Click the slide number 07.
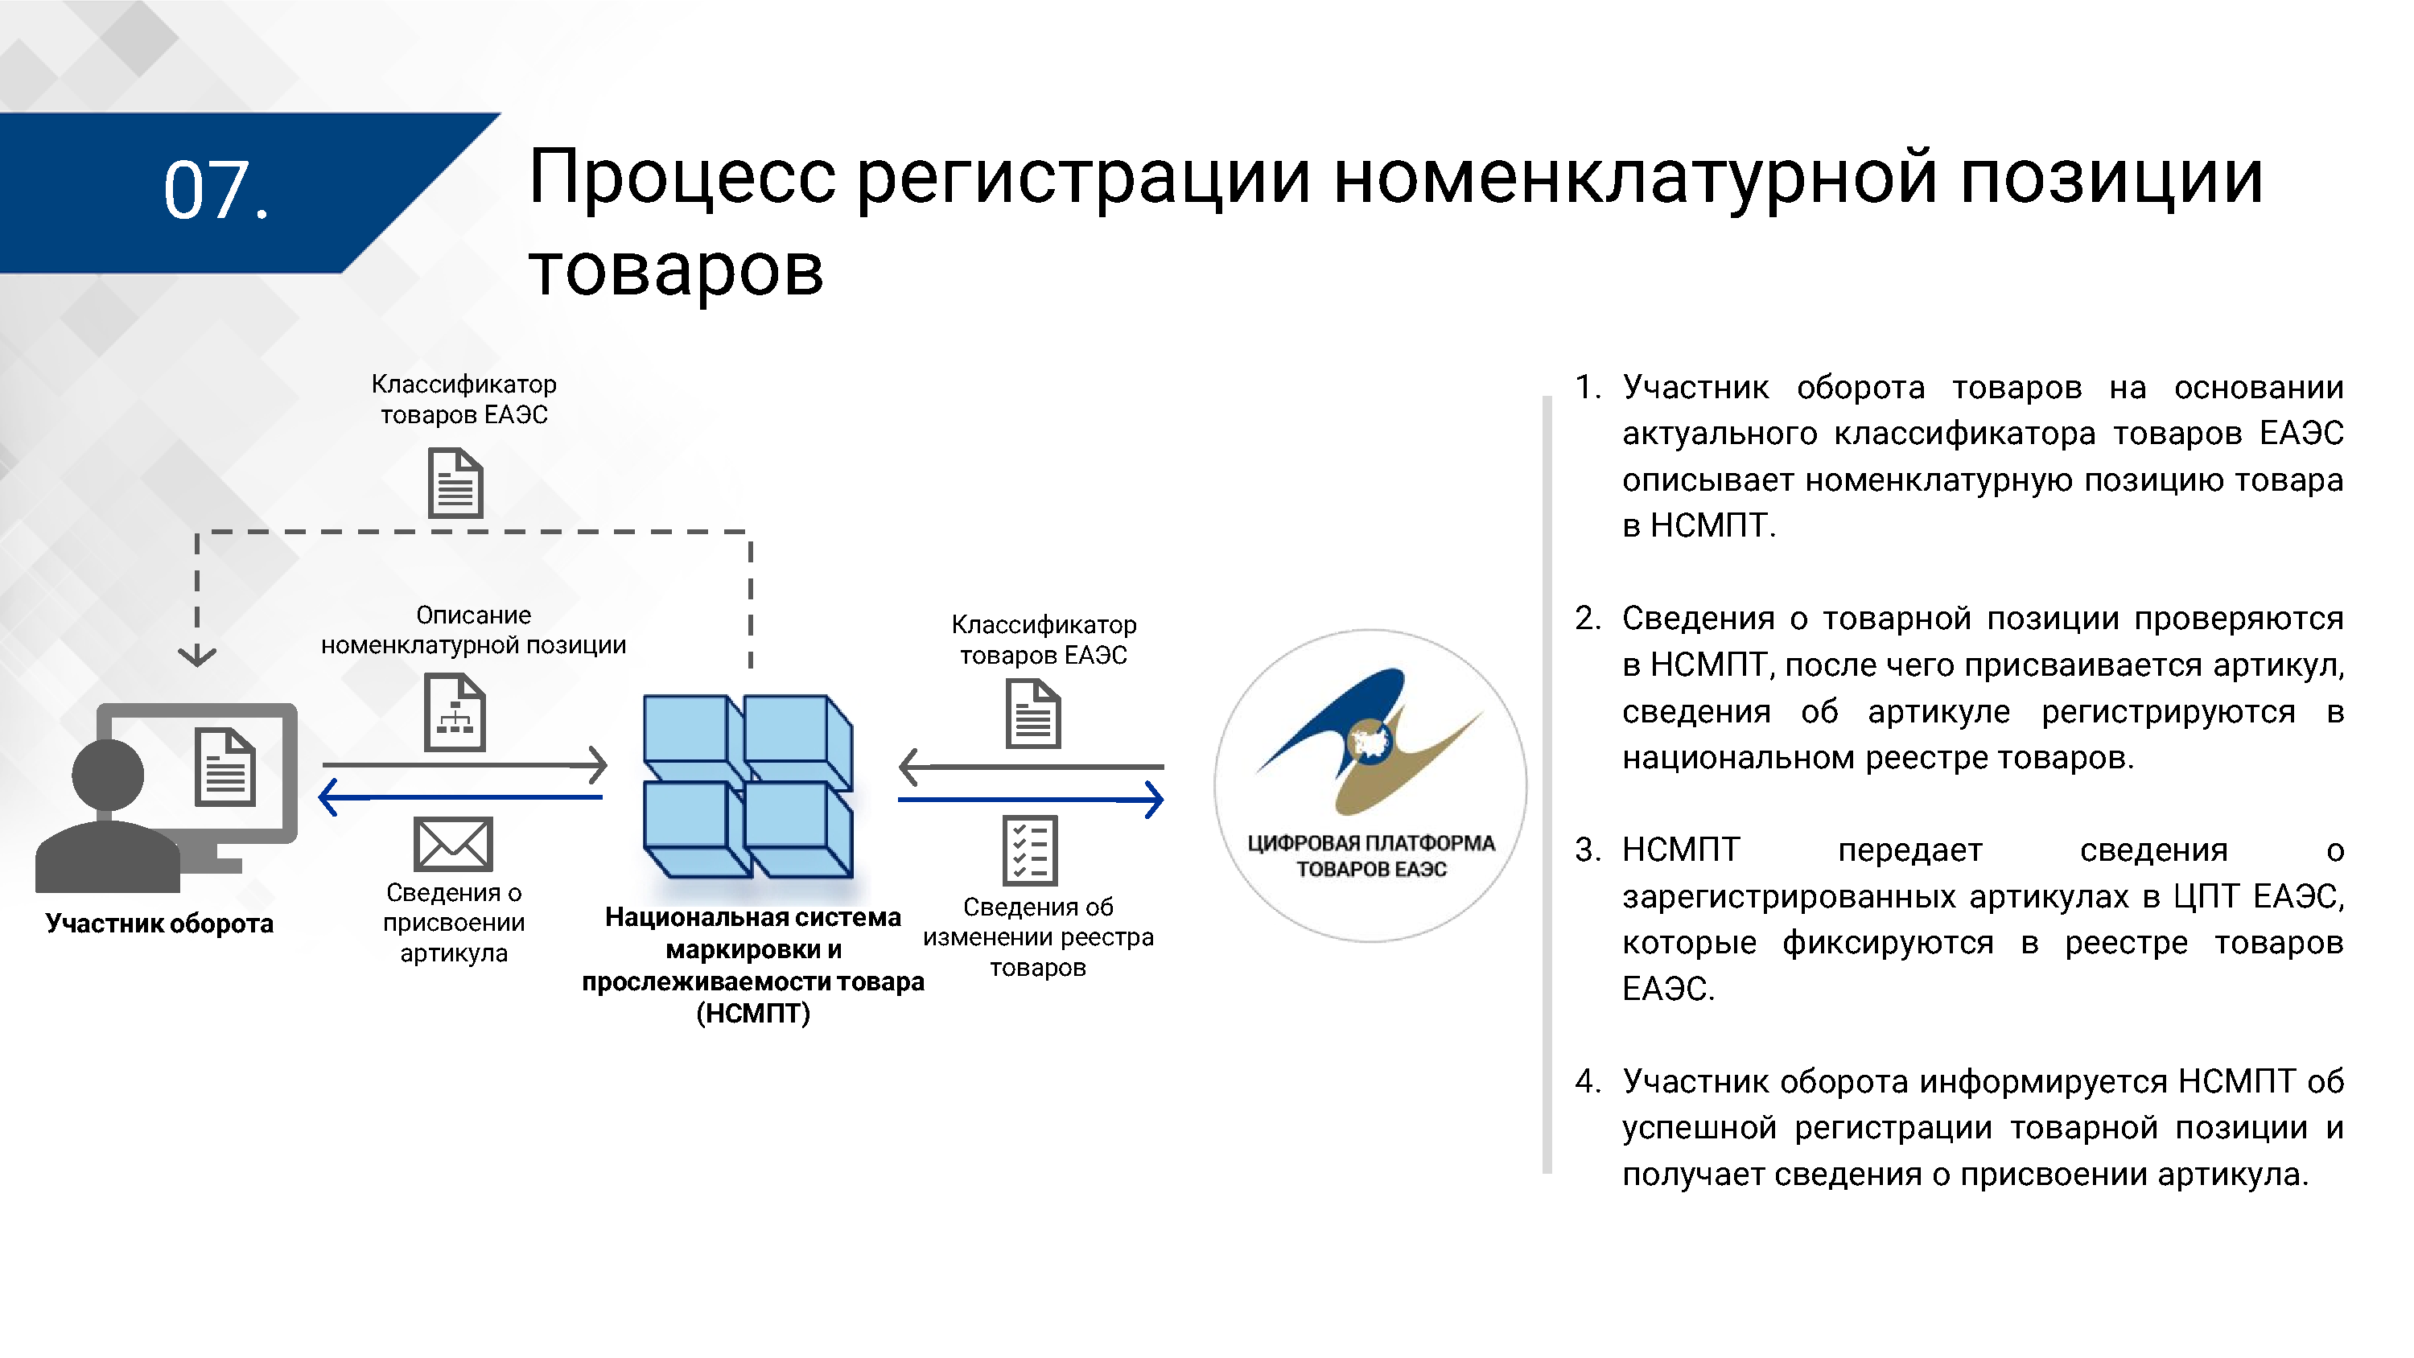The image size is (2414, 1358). (216, 191)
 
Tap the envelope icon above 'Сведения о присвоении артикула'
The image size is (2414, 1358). (454, 843)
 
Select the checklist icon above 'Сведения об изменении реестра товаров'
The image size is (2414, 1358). (1030, 850)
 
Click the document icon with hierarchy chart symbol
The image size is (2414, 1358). (455, 714)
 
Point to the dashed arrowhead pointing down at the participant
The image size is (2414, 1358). (197, 655)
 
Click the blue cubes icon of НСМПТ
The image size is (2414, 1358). (748, 785)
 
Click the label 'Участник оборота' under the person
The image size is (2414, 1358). (159, 924)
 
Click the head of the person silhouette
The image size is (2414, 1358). (109, 774)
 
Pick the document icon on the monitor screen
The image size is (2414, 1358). (225, 767)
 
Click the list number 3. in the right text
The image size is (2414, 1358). (1588, 850)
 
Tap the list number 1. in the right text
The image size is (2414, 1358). (1588, 387)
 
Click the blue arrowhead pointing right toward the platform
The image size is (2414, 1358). (1156, 800)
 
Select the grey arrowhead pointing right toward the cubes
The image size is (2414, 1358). (598, 766)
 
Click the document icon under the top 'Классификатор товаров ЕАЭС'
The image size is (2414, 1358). (455, 484)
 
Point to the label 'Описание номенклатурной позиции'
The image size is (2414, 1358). (473, 630)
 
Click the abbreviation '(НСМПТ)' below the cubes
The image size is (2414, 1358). (753, 1014)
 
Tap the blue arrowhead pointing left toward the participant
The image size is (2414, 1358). (328, 797)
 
